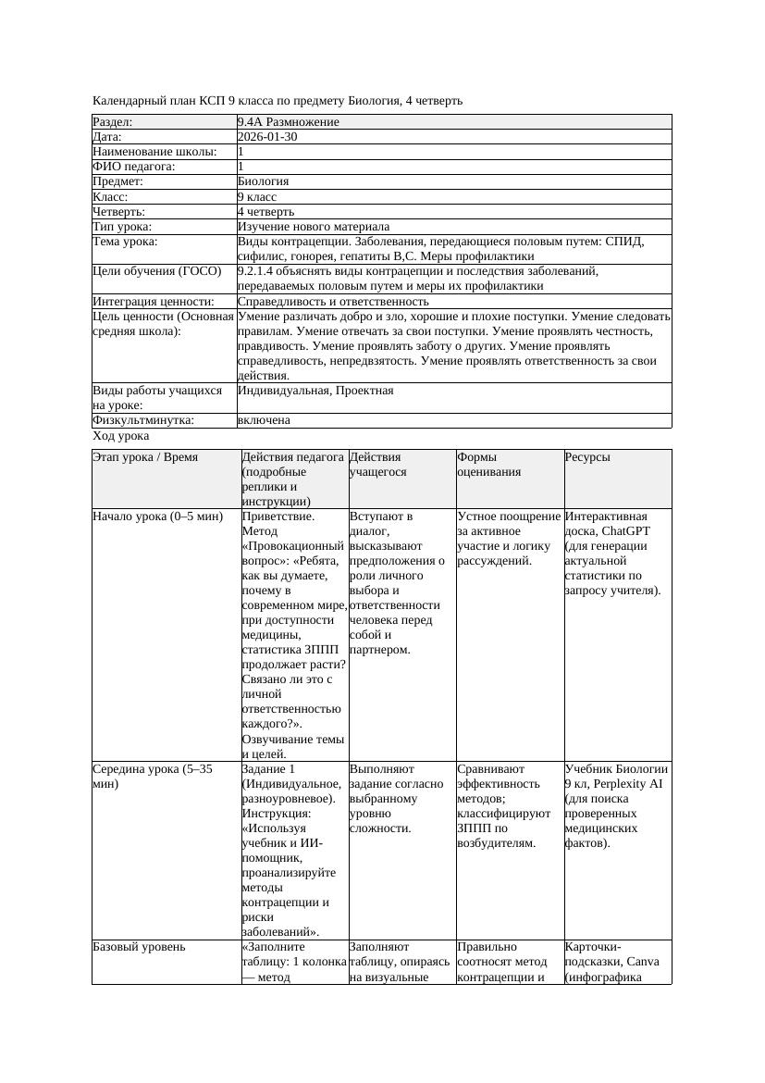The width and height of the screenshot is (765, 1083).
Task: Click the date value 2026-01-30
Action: (x=267, y=137)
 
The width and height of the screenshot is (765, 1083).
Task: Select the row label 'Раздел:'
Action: (x=113, y=122)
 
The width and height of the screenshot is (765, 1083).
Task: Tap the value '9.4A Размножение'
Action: (x=288, y=122)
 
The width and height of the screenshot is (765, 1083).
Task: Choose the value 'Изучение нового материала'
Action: (x=313, y=226)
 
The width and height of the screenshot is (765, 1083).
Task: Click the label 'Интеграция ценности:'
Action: (x=154, y=301)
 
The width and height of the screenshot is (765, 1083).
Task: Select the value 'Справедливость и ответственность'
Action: (x=333, y=301)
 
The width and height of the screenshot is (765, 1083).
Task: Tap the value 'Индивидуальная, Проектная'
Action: (x=315, y=391)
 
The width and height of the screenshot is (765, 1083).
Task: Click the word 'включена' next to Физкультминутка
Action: (x=264, y=420)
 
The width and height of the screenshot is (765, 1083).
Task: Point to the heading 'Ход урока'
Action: (x=121, y=435)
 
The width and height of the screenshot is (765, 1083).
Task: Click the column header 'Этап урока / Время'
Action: (x=145, y=457)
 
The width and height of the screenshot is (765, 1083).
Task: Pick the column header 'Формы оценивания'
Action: (x=489, y=464)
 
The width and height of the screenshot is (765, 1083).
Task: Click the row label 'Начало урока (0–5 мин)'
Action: (x=158, y=517)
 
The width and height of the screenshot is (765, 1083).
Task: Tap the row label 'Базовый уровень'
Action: (x=139, y=947)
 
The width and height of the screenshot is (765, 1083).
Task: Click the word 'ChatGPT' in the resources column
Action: (x=623, y=531)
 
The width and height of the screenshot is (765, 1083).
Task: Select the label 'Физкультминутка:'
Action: (x=143, y=420)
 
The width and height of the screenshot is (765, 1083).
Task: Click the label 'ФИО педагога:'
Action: (x=134, y=167)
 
